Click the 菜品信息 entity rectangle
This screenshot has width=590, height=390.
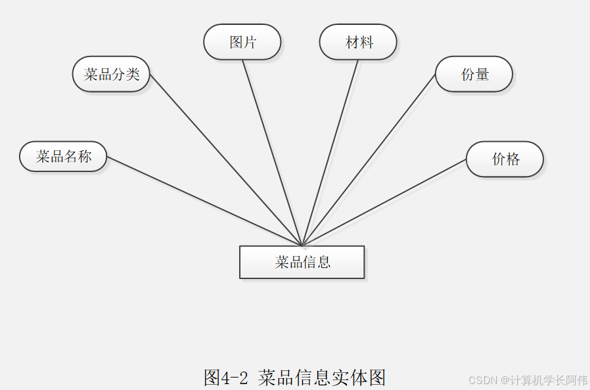(x=302, y=262)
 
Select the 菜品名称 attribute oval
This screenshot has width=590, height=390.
(x=63, y=156)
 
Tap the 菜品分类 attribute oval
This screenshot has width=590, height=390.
(x=111, y=74)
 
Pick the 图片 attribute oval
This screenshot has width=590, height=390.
(x=242, y=42)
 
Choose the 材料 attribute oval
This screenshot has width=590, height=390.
(x=358, y=42)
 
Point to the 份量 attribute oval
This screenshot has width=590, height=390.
(x=474, y=74)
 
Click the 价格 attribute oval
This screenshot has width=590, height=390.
(x=505, y=159)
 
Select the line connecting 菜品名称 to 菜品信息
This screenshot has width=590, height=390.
(x=204, y=201)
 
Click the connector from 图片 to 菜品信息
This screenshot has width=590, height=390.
(x=272, y=152)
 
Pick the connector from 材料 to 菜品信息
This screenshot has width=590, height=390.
(x=330, y=152)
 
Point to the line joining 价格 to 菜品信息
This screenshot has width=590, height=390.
(x=384, y=202)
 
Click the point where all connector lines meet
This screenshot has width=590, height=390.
(x=302, y=246)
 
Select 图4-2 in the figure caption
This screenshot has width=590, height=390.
(x=225, y=378)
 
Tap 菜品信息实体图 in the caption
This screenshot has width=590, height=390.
(x=322, y=378)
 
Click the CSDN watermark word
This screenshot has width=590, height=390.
(x=483, y=380)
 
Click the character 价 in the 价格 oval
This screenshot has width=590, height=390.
(x=498, y=159)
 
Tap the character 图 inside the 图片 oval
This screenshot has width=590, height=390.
(x=236, y=42)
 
